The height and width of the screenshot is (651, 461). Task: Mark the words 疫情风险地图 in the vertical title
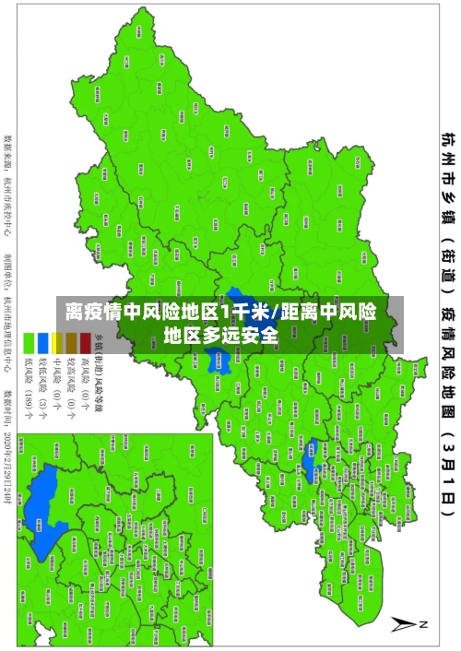[x=445, y=369]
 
